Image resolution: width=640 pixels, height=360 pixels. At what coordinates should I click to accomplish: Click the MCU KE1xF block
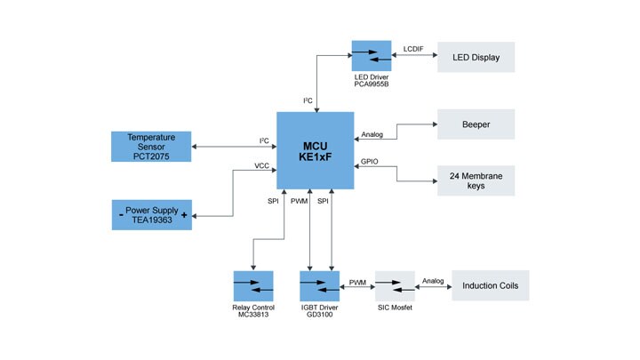point(315,150)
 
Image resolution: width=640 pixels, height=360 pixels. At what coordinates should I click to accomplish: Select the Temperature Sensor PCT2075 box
point(150,147)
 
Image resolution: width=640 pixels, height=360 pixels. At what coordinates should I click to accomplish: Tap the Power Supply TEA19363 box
point(150,214)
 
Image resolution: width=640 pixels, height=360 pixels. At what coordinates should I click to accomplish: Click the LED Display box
point(476,57)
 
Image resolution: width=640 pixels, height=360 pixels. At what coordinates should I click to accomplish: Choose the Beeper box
point(476,124)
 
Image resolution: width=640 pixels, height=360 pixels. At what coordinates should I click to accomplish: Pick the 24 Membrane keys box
point(476,181)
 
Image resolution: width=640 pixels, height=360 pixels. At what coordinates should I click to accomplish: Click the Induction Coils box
point(490,285)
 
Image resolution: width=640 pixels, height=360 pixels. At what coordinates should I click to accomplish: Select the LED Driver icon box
point(371,56)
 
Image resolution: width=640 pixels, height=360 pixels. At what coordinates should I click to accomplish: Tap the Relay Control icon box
point(252,285)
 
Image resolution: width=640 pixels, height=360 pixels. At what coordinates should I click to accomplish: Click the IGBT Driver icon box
point(319,285)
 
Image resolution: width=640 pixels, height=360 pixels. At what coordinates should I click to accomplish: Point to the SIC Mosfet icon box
point(395,285)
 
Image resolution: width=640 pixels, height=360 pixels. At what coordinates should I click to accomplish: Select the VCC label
point(261,165)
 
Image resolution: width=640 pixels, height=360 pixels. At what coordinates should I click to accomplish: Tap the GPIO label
point(370,163)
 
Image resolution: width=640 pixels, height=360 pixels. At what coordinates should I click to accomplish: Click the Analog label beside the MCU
point(372,135)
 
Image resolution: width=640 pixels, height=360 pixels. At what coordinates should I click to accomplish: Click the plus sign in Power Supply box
point(183,215)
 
